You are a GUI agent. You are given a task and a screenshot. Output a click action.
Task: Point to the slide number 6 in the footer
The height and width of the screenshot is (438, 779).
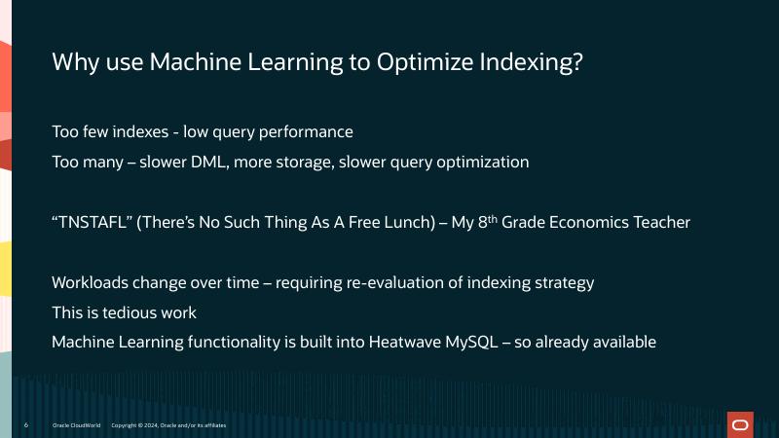click(x=25, y=425)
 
